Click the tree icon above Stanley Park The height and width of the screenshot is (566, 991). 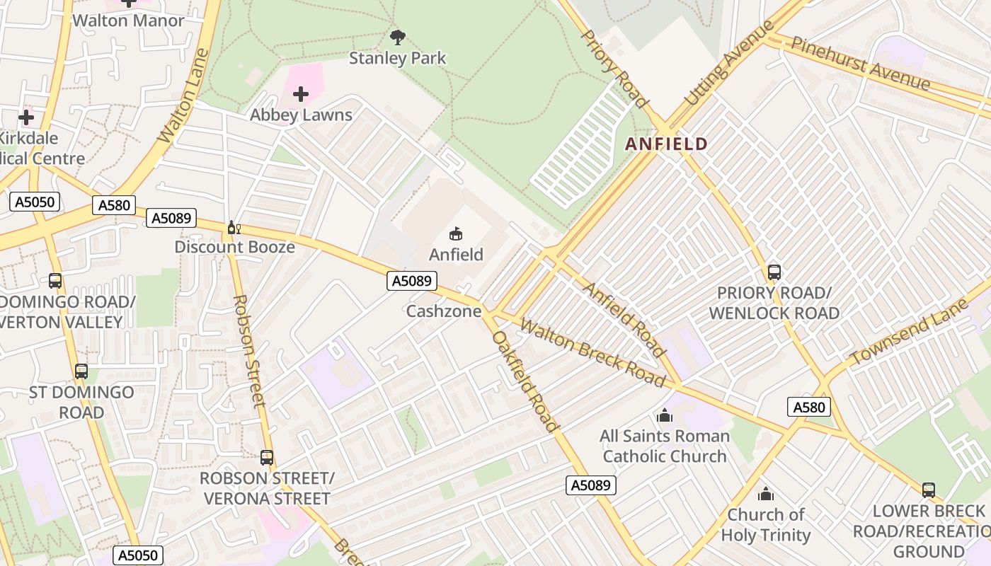click(x=398, y=37)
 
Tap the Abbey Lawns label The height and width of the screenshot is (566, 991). click(x=301, y=115)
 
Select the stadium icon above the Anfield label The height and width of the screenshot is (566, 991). click(x=457, y=233)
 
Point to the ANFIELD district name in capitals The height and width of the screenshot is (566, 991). click(x=666, y=144)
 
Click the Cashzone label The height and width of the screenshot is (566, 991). click(x=444, y=311)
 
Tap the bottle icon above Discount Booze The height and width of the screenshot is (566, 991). click(x=234, y=228)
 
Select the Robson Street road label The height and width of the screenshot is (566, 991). click(x=248, y=352)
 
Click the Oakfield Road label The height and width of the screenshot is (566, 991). click(x=525, y=381)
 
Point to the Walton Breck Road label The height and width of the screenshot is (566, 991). click(x=592, y=353)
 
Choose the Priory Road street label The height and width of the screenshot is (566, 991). click(x=614, y=69)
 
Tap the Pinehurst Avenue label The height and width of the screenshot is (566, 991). click(x=860, y=64)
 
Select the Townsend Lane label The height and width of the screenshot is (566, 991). click(x=909, y=332)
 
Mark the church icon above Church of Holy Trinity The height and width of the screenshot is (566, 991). click(x=765, y=494)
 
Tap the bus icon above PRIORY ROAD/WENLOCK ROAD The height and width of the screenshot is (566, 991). click(x=774, y=272)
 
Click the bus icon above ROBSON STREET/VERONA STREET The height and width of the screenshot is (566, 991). click(x=267, y=458)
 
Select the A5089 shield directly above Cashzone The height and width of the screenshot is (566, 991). click(x=411, y=281)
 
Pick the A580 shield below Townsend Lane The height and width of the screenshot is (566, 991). click(x=808, y=407)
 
